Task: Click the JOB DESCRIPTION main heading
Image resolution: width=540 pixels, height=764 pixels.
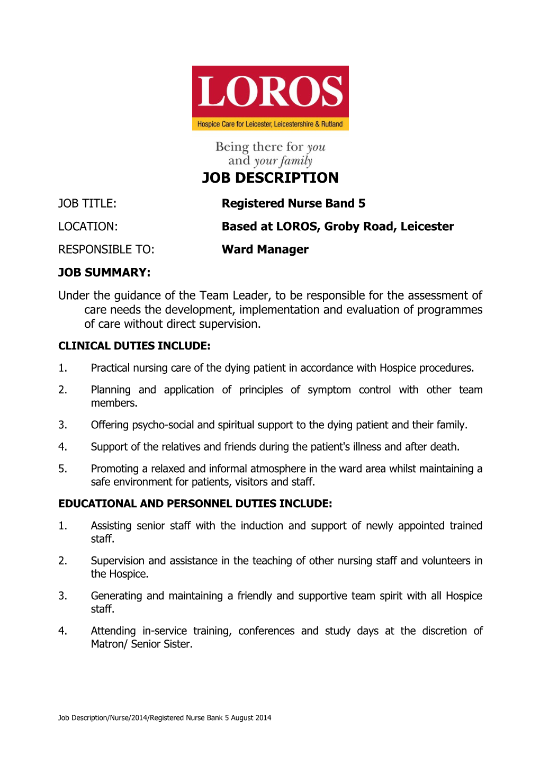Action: (270, 178)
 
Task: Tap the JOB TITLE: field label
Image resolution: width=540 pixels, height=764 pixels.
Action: (87, 204)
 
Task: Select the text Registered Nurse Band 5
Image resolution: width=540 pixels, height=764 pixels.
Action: (293, 204)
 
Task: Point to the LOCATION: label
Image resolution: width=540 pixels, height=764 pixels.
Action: (88, 227)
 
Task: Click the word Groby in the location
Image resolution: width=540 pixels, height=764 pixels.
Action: (341, 227)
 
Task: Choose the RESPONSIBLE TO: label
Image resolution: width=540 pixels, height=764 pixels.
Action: (106, 249)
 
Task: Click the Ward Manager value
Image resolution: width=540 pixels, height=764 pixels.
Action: (265, 249)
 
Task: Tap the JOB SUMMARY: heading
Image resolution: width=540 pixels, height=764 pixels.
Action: (104, 273)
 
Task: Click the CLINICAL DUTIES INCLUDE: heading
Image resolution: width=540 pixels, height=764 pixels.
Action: (134, 346)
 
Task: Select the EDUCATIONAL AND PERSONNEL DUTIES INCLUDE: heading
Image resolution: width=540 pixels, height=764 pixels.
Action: (195, 504)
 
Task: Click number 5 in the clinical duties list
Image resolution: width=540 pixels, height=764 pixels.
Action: (62, 469)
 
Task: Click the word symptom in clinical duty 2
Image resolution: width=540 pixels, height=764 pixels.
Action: (329, 390)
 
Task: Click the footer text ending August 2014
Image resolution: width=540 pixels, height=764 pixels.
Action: (165, 718)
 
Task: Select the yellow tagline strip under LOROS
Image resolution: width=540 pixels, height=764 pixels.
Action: (270, 124)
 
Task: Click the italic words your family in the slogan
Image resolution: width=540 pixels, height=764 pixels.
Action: (283, 161)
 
